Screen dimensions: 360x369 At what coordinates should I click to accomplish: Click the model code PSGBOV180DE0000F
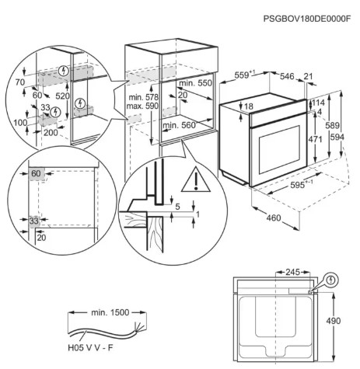pyautogui.click(x=307, y=19)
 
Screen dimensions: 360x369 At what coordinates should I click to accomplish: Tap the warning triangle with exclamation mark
pyautogui.click(x=196, y=179)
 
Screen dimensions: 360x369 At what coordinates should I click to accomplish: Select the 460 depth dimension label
pyautogui.click(x=274, y=218)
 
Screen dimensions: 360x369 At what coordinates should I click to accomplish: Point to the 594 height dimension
pyautogui.click(x=337, y=137)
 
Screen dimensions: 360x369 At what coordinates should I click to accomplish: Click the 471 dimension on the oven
pyautogui.click(x=316, y=139)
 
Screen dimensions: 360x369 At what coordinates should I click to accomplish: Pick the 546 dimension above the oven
pyautogui.click(x=288, y=76)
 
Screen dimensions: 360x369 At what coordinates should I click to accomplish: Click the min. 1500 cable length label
pyautogui.click(x=110, y=312)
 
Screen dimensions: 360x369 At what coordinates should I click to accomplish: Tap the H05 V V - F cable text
pyautogui.click(x=91, y=347)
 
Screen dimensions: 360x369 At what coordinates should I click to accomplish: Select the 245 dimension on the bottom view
pyautogui.click(x=292, y=272)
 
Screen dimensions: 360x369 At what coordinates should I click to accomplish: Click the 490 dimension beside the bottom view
pyautogui.click(x=334, y=321)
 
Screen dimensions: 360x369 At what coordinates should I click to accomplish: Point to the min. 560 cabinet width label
pyautogui.click(x=179, y=125)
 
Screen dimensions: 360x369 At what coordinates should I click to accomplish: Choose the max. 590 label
pyautogui.click(x=142, y=106)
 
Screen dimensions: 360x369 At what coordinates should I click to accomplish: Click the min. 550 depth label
pyautogui.click(x=196, y=83)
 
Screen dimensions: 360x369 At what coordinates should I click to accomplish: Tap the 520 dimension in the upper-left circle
pyautogui.click(x=63, y=96)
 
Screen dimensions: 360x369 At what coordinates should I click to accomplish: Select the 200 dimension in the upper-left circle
pyautogui.click(x=51, y=133)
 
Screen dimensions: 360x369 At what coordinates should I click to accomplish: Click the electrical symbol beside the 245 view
pyautogui.click(x=331, y=280)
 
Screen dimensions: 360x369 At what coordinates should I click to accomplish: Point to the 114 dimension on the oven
pyautogui.click(x=318, y=103)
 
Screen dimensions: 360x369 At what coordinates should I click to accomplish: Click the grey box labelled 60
pyautogui.click(x=36, y=173)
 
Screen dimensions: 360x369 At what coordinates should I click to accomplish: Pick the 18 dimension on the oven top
pyautogui.click(x=249, y=106)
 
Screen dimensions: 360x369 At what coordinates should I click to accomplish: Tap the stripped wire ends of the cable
pyautogui.click(x=138, y=327)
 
